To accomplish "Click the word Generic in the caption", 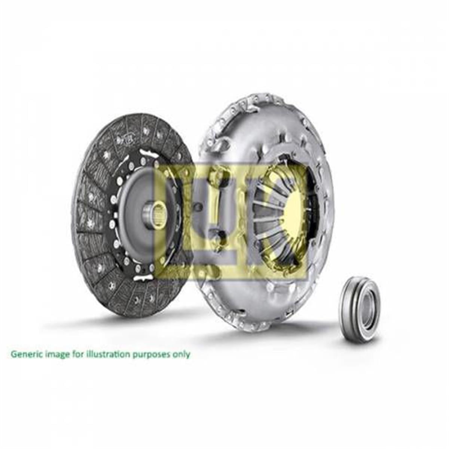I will [24, 354].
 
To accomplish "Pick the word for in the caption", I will [77, 354].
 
